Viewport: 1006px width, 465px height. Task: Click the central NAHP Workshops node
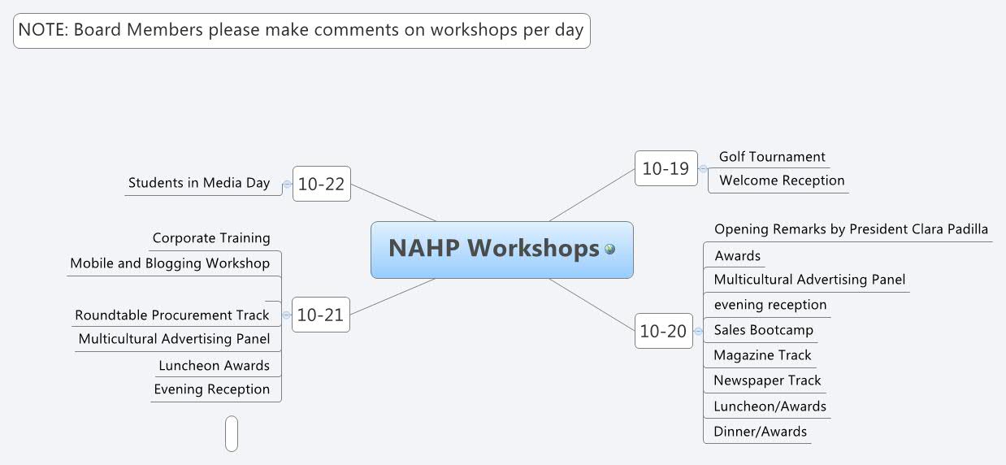[x=493, y=249]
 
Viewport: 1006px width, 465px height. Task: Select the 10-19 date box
[x=666, y=169]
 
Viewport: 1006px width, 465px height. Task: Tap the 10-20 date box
[x=663, y=331]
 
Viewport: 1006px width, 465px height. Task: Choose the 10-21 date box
[x=320, y=315]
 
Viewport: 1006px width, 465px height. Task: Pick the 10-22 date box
[x=321, y=184]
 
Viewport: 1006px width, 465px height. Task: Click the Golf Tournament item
[x=771, y=157]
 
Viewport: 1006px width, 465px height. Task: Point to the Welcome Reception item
[x=781, y=180]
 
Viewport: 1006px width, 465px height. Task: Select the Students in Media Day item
[x=199, y=183]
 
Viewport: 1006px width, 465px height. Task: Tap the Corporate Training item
[x=211, y=238]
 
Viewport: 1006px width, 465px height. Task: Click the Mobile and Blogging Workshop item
[x=170, y=263]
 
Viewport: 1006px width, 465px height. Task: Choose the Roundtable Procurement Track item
[x=171, y=315]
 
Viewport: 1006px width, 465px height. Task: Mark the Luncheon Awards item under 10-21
[x=214, y=366]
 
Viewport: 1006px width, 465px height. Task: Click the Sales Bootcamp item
[x=763, y=330]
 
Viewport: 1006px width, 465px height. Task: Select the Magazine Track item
[x=762, y=355]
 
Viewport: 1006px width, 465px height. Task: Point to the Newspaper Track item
[x=767, y=380]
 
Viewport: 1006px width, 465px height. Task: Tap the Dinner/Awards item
[x=760, y=432]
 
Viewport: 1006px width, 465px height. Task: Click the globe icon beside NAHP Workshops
[x=609, y=249]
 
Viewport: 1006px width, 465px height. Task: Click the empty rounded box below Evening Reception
[x=232, y=433]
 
